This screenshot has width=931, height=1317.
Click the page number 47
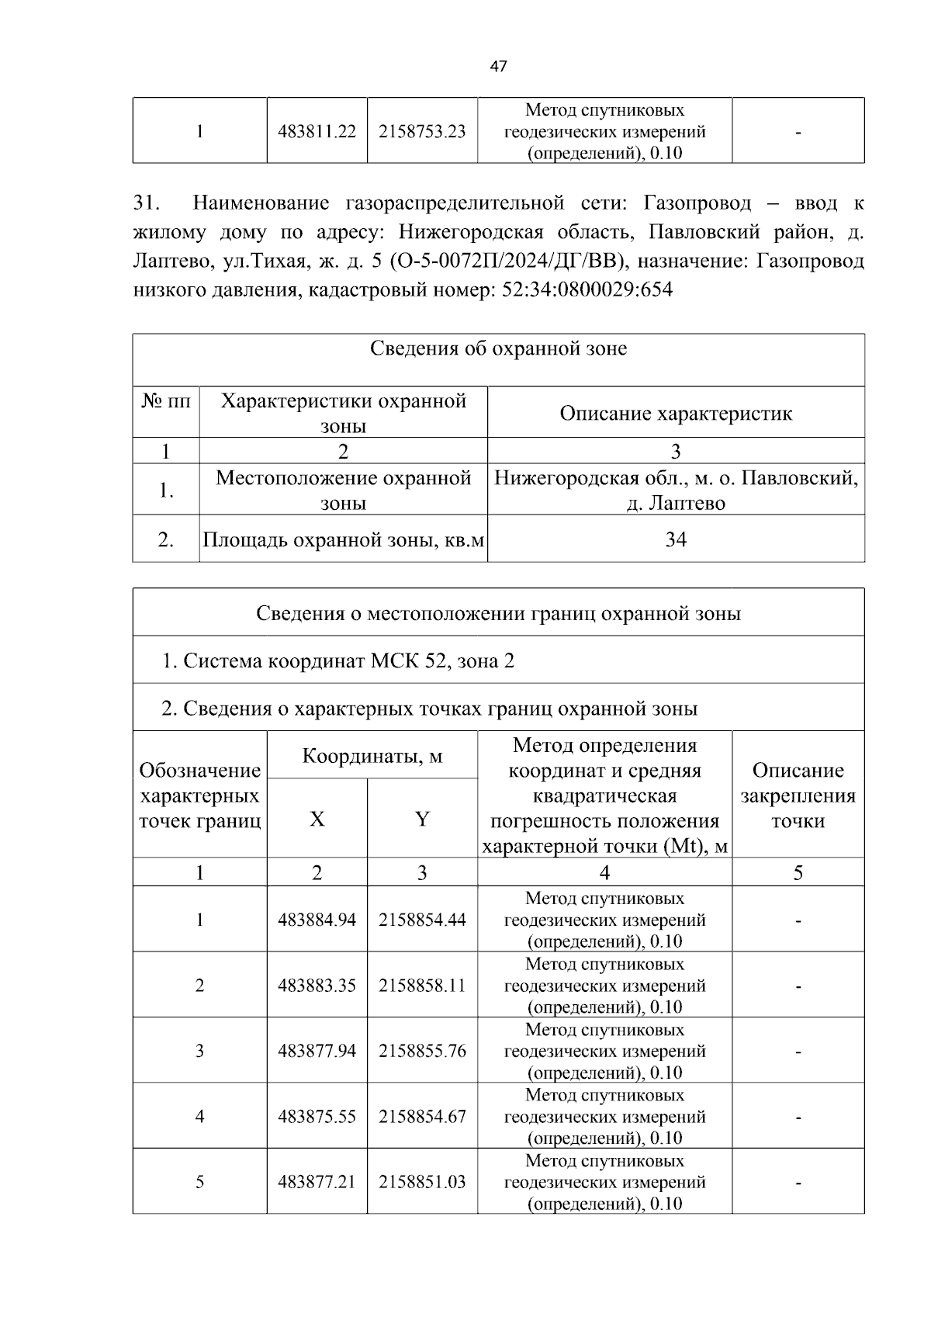[498, 67]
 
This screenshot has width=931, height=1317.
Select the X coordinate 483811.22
[317, 131]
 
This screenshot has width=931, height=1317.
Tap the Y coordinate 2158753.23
[422, 131]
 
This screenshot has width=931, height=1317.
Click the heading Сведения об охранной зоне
[498, 348]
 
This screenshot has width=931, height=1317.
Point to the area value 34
[676, 539]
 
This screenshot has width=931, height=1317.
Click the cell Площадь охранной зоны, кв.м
[343, 539]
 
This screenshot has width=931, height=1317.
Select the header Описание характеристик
[676, 413]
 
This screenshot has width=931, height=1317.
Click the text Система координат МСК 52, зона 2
[338, 661]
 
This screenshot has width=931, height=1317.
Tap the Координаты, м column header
[372, 755]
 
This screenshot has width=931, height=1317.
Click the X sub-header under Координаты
[317, 819]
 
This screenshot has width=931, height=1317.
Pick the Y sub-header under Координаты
[422, 819]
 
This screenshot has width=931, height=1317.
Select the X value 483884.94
[317, 920]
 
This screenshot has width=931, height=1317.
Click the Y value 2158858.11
[422, 986]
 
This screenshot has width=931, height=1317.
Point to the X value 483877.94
[317, 1051]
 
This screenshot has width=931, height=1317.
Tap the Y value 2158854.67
[422, 1117]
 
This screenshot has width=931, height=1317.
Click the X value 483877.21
[317, 1182]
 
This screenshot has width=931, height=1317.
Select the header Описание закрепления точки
[798, 795]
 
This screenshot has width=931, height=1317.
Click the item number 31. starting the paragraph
[147, 203]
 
